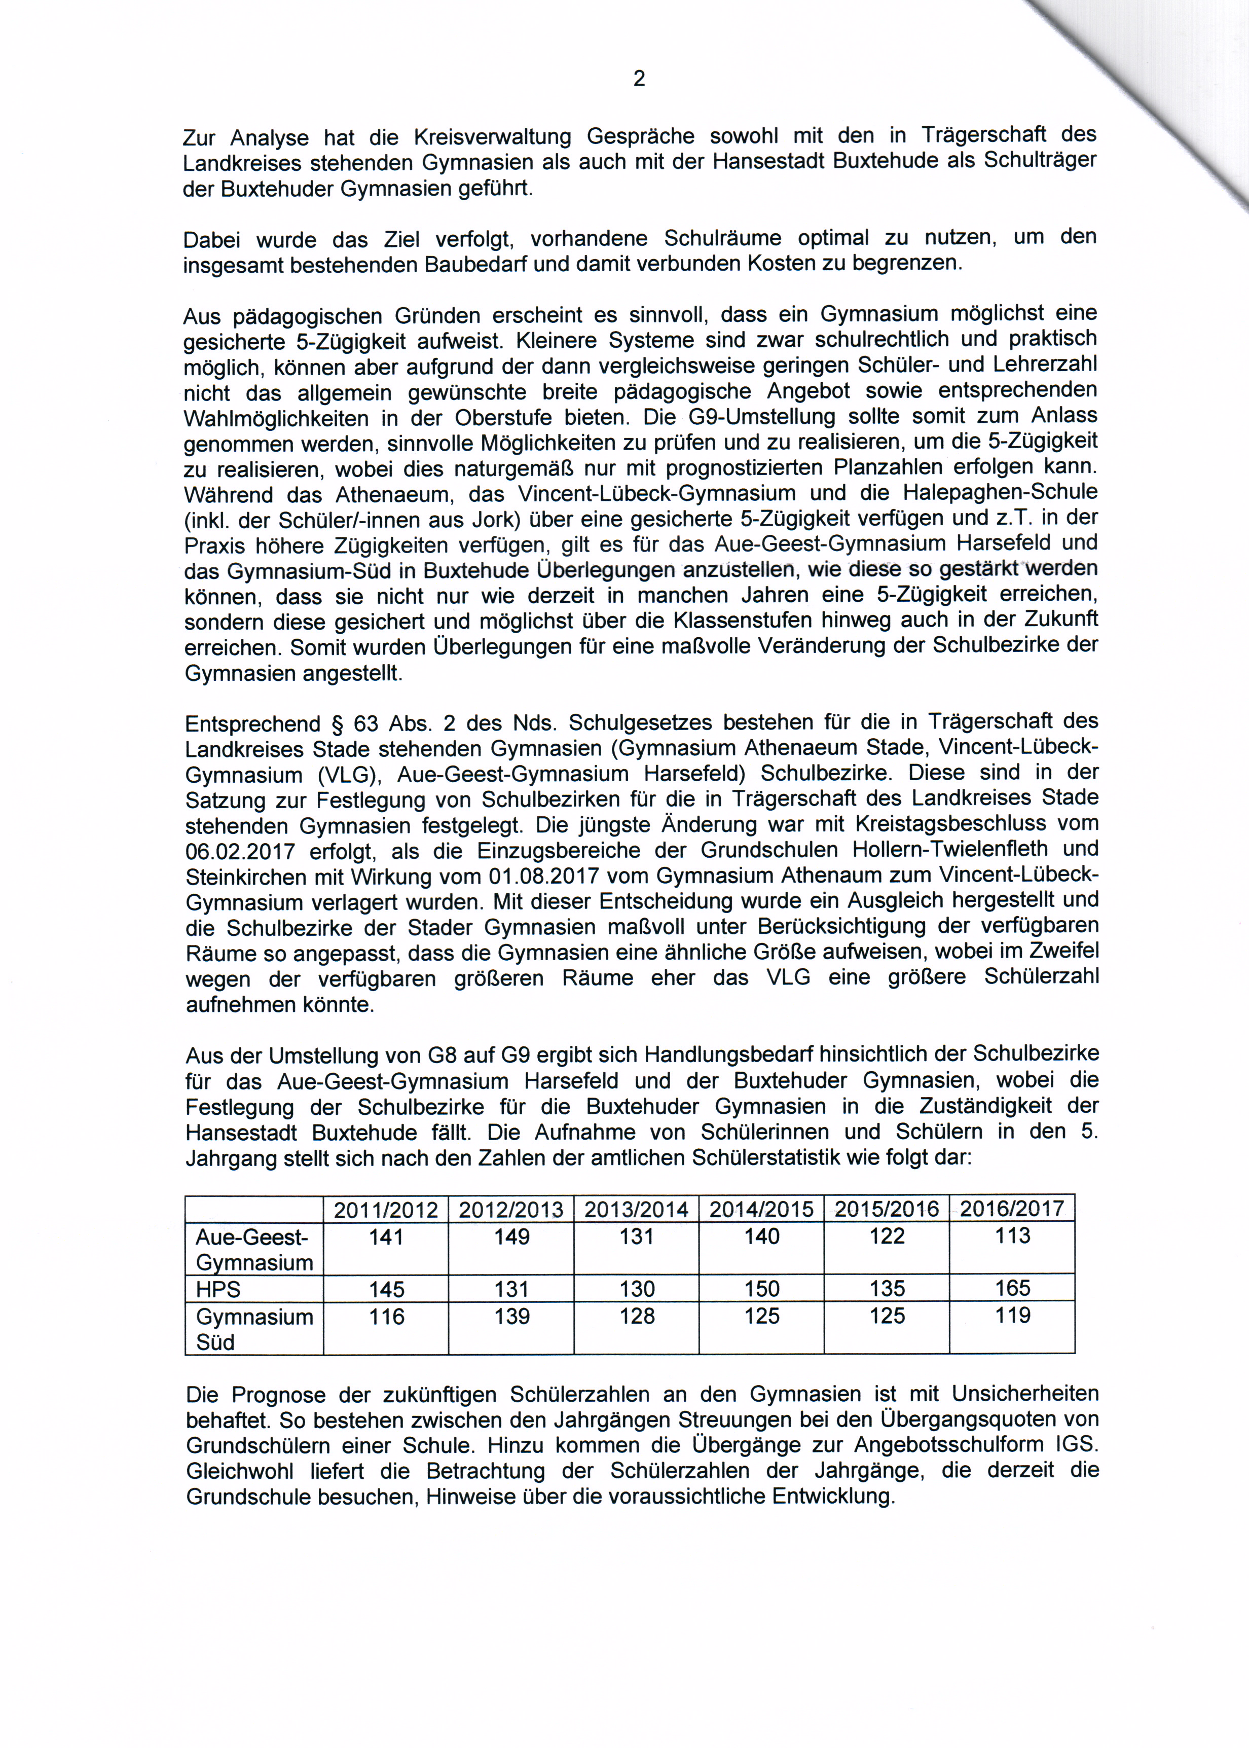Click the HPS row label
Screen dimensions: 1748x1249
point(218,1290)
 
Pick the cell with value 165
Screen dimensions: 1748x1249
point(1012,1288)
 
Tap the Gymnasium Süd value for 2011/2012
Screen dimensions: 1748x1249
point(386,1317)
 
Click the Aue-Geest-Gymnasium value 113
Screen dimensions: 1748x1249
point(1012,1236)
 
